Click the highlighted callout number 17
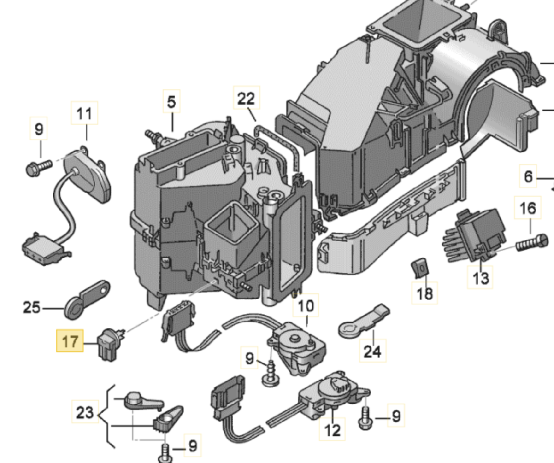tap(70, 341)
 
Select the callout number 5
tap(172, 102)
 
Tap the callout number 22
tap(246, 98)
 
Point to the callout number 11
tap(84, 113)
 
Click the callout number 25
tap(32, 308)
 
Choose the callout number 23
tap(84, 411)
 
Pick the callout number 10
tap(306, 306)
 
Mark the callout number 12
tap(332, 430)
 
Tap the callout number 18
tap(425, 293)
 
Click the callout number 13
tap(481, 278)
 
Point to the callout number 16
tap(528, 208)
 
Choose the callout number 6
tap(528, 177)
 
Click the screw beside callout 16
tap(531, 243)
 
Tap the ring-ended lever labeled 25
tap(87, 299)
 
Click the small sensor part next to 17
tap(110, 345)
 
